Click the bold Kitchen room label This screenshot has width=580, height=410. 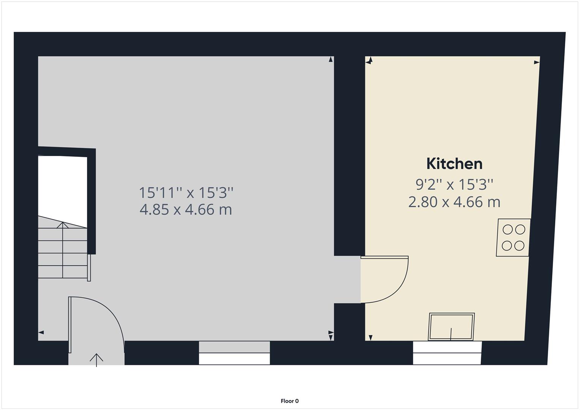(x=454, y=164)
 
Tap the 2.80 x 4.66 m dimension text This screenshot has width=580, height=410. (x=454, y=202)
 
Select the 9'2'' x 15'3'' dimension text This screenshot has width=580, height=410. (x=454, y=184)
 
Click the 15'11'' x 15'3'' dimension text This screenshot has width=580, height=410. (x=186, y=192)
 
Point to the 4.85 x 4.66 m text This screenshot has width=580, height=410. (x=186, y=209)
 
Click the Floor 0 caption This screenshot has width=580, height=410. (x=289, y=401)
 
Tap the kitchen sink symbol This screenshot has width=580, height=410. (x=452, y=326)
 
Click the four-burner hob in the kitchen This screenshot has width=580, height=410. (x=513, y=238)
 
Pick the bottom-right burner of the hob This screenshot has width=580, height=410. (x=520, y=246)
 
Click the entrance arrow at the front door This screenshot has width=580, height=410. (x=96, y=359)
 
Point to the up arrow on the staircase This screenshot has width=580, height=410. (x=63, y=225)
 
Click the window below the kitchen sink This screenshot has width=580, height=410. (x=447, y=353)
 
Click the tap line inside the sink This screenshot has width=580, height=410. (x=451, y=334)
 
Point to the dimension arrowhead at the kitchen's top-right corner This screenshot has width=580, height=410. (x=537, y=62)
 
